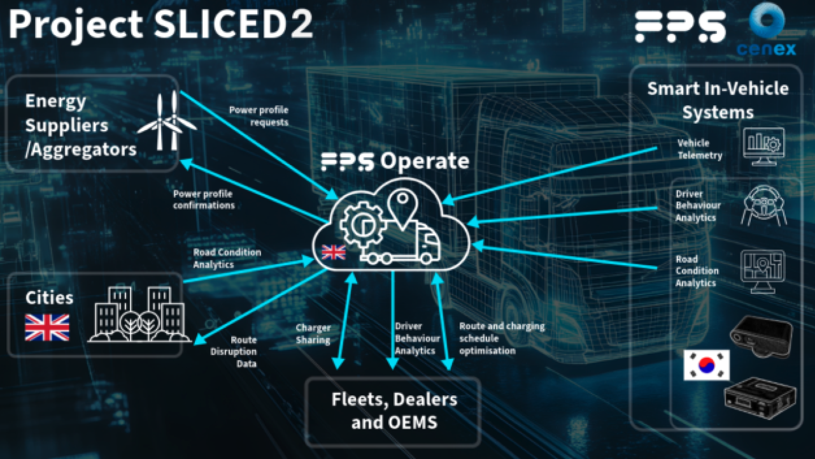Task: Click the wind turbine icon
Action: (x=167, y=120)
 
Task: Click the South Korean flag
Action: (x=706, y=365)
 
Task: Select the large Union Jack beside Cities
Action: (x=47, y=327)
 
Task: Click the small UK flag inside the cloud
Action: (x=334, y=252)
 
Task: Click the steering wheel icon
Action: (x=763, y=205)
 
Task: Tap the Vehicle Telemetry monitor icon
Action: (x=764, y=146)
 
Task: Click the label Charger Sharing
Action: (x=313, y=334)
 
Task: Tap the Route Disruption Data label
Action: (x=243, y=352)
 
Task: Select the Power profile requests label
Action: (x=259, y=115)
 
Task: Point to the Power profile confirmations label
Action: (x=204, y=200)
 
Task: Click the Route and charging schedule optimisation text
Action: (x=502, y=339)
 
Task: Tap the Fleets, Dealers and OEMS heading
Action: (x=394, y=411)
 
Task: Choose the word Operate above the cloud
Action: (x=425, y=161)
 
